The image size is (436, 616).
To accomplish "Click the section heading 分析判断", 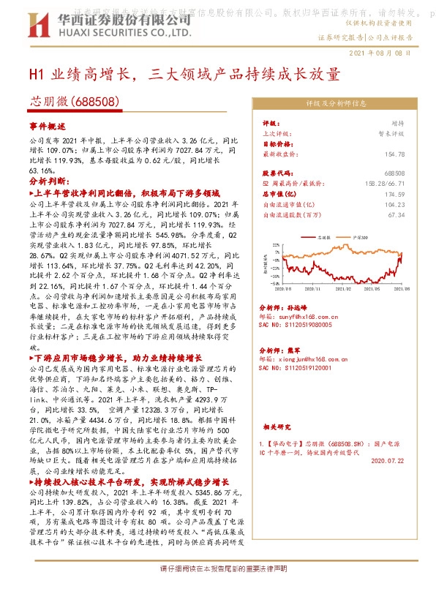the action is (x=46, y=180).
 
